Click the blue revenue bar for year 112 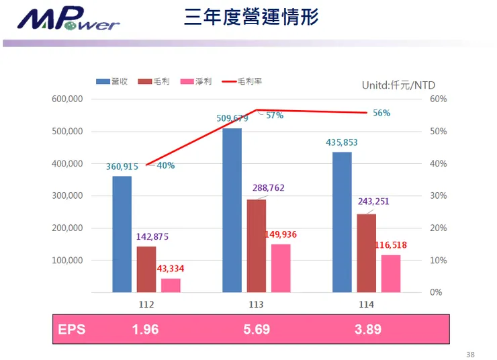(122, 234)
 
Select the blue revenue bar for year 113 (232, 210)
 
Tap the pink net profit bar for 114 (391, 273)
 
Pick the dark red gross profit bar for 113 (256, 246)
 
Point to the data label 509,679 (232, 118)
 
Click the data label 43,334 (171, 269)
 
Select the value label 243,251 (373, 201)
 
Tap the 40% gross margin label (166, 166)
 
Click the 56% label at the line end (381, 114)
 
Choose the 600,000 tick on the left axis (67, 99)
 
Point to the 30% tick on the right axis (439, 195)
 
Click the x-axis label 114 (367, 304)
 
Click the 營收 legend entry (112, 81)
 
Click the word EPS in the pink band (72, 329)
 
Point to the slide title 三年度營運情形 (251, 17)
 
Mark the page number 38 (470, 354)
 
